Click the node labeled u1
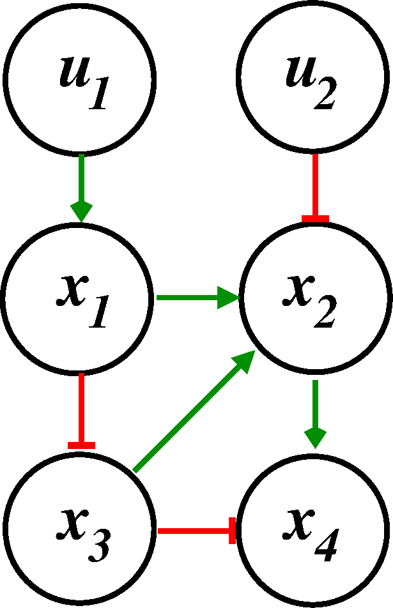[x=79, y=77]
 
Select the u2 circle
[x=314, y=77]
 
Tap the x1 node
[x=79, y=298]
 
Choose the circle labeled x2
[x=314, y=298]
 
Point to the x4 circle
[x=314, y=530]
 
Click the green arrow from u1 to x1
[x=81, y=185]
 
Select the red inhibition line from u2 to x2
[x=314, y=185]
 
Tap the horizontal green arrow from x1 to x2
[x=195, y=298]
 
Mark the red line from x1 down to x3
[x=81, y=409]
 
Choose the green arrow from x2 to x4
[x=315, y=412]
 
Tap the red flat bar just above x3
[x=81, y=445]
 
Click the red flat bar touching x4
[x=233, y=531]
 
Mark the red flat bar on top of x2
[x=314, y=219]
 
